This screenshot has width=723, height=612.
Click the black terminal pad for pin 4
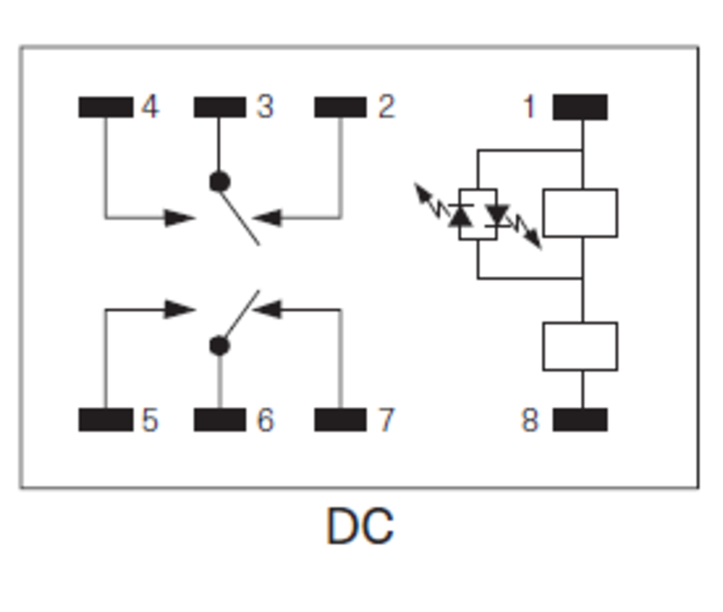(x=106, y=107)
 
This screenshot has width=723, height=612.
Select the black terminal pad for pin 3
(x=220, y=107)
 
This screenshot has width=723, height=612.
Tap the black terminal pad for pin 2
(x=340, y=107)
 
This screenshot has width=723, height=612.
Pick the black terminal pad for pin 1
(x=580, y=107)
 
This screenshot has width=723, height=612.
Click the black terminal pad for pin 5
(x=106, y=420)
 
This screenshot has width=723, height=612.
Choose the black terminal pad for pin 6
(x=220, y=420)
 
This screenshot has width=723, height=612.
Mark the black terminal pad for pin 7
(x=340, y=420)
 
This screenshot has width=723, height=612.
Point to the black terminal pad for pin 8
(x=580, y=420)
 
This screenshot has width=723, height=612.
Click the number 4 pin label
(x=150, y=107)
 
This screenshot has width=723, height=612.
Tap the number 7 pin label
(x=386, y=420)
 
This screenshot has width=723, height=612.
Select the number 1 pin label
(x=529, y=107)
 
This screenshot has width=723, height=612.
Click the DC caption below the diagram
(x=360, y=527)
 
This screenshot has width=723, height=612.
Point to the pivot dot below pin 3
(x=220, y=181)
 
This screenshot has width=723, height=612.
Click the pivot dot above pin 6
(x=220, y=346)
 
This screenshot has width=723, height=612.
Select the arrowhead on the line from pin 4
(x=179, y=217)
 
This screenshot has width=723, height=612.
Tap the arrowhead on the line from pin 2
(x=268, y=217)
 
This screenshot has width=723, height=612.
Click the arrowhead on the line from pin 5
(x=179, y=310)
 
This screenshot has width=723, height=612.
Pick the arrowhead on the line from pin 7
(x=268, y=310)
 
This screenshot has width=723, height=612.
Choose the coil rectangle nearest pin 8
(x=580, y=346)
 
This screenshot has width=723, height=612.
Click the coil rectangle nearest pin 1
(x=580, y=213)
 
